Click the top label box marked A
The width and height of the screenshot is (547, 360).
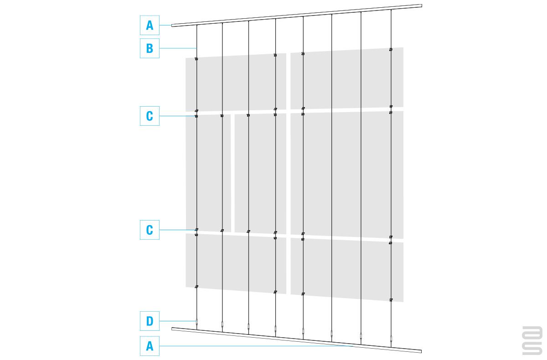[150, 25]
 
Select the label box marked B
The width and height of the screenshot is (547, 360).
[150, 48]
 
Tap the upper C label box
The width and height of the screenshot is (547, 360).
[150, 116]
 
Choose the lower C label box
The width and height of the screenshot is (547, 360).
[150, 230]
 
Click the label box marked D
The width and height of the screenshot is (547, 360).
[150, 321]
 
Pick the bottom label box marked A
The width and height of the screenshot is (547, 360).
[150, 346]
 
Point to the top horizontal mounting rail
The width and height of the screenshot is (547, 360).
[297, 15]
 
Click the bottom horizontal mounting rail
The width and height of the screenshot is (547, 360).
[297, 340]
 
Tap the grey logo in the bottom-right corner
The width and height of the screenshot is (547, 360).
[532, 340]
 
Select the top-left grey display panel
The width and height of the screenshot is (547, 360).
[236, 82]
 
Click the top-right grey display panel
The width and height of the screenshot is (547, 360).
[347, 78]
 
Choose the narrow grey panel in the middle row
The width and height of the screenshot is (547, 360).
[208, 173]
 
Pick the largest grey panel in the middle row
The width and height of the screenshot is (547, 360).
[347, 175]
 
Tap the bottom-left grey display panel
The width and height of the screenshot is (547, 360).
[236, 263]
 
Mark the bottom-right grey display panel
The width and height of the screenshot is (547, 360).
[347, 270]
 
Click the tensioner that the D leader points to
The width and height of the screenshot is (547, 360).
[196, 323]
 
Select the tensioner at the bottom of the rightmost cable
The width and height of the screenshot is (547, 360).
[391, 339]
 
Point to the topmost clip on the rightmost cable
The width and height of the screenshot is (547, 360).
[391, 50]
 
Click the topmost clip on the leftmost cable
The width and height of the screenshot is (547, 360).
[196, 59]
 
